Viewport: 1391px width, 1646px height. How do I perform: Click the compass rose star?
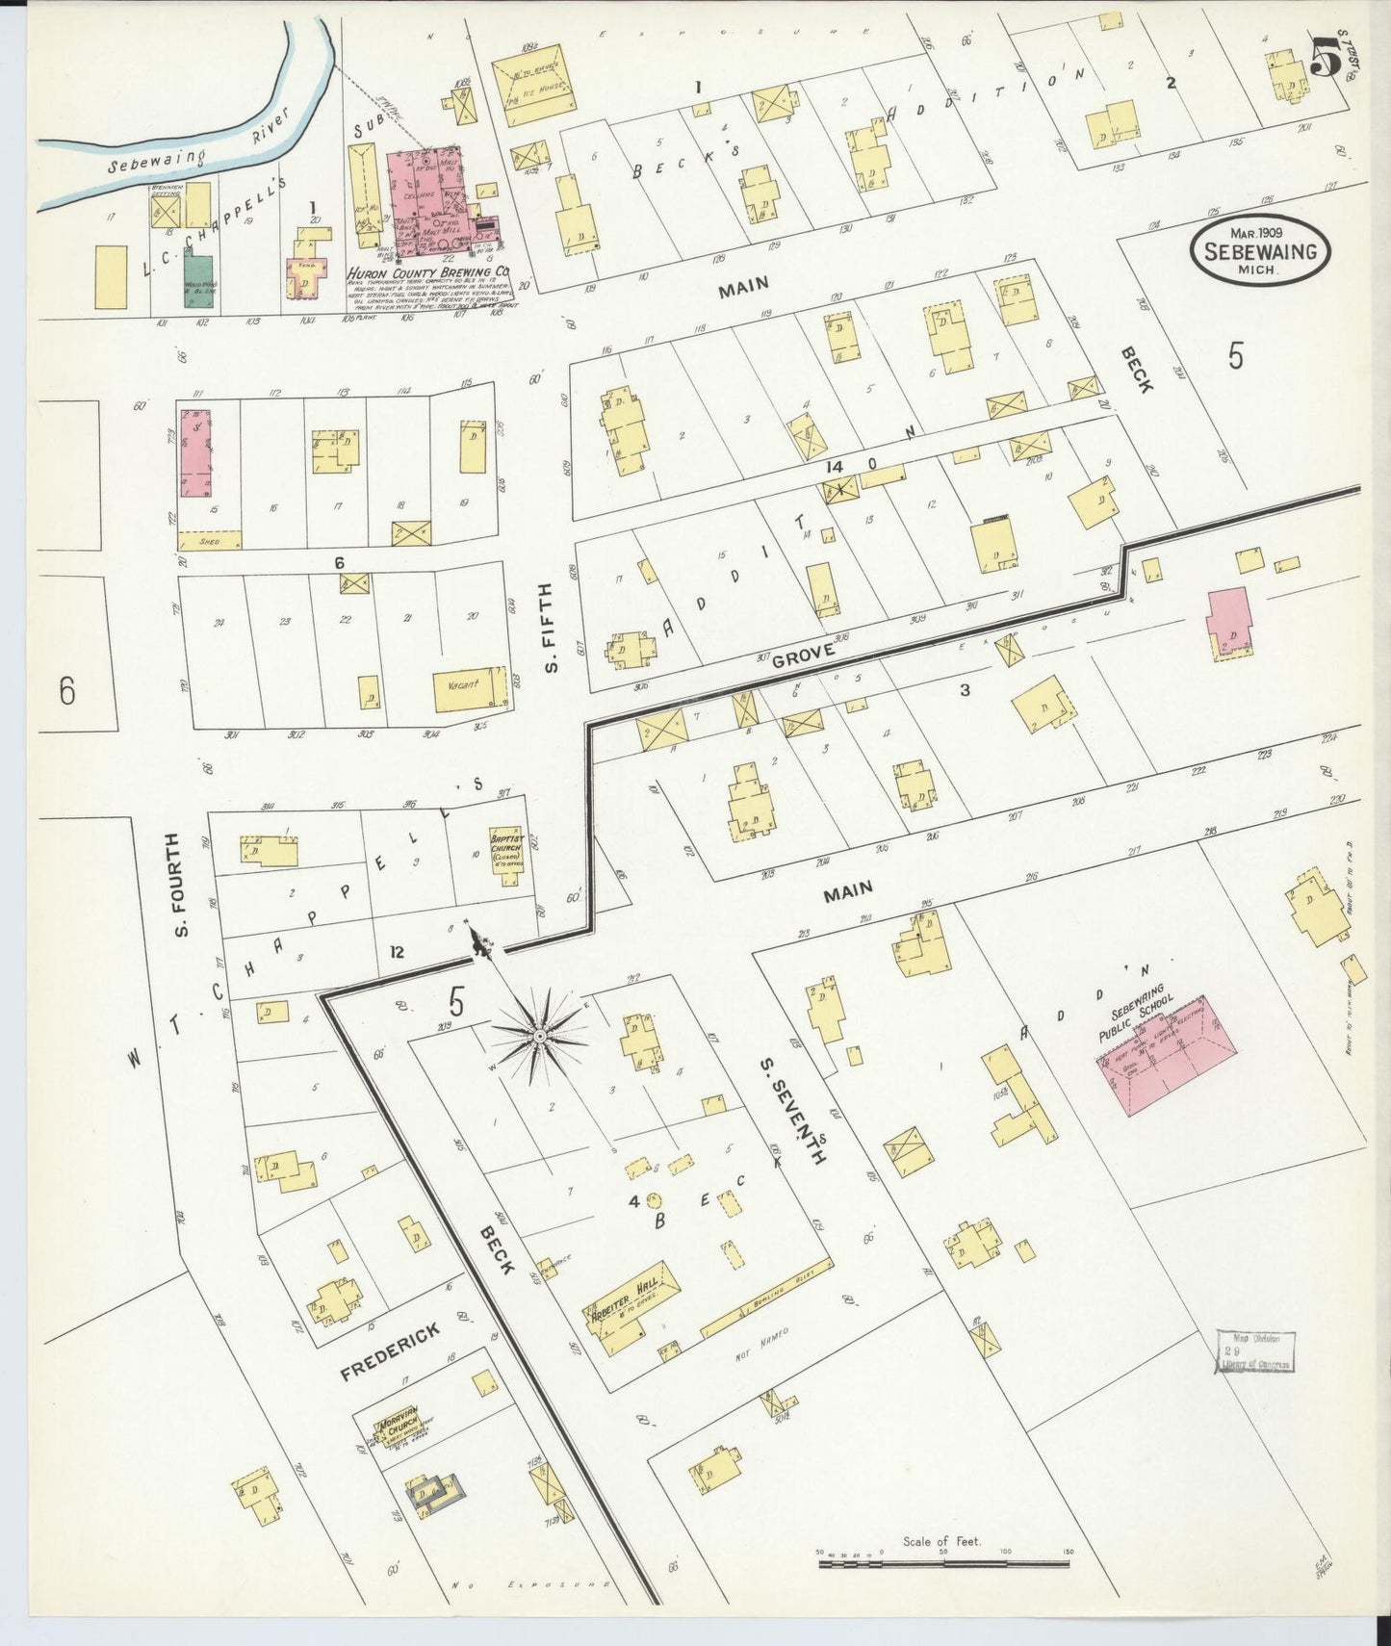(540, 1035)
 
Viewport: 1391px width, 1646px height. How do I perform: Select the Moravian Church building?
(395, 1432)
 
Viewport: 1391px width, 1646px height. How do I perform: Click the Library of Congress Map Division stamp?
(1255, 1351)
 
